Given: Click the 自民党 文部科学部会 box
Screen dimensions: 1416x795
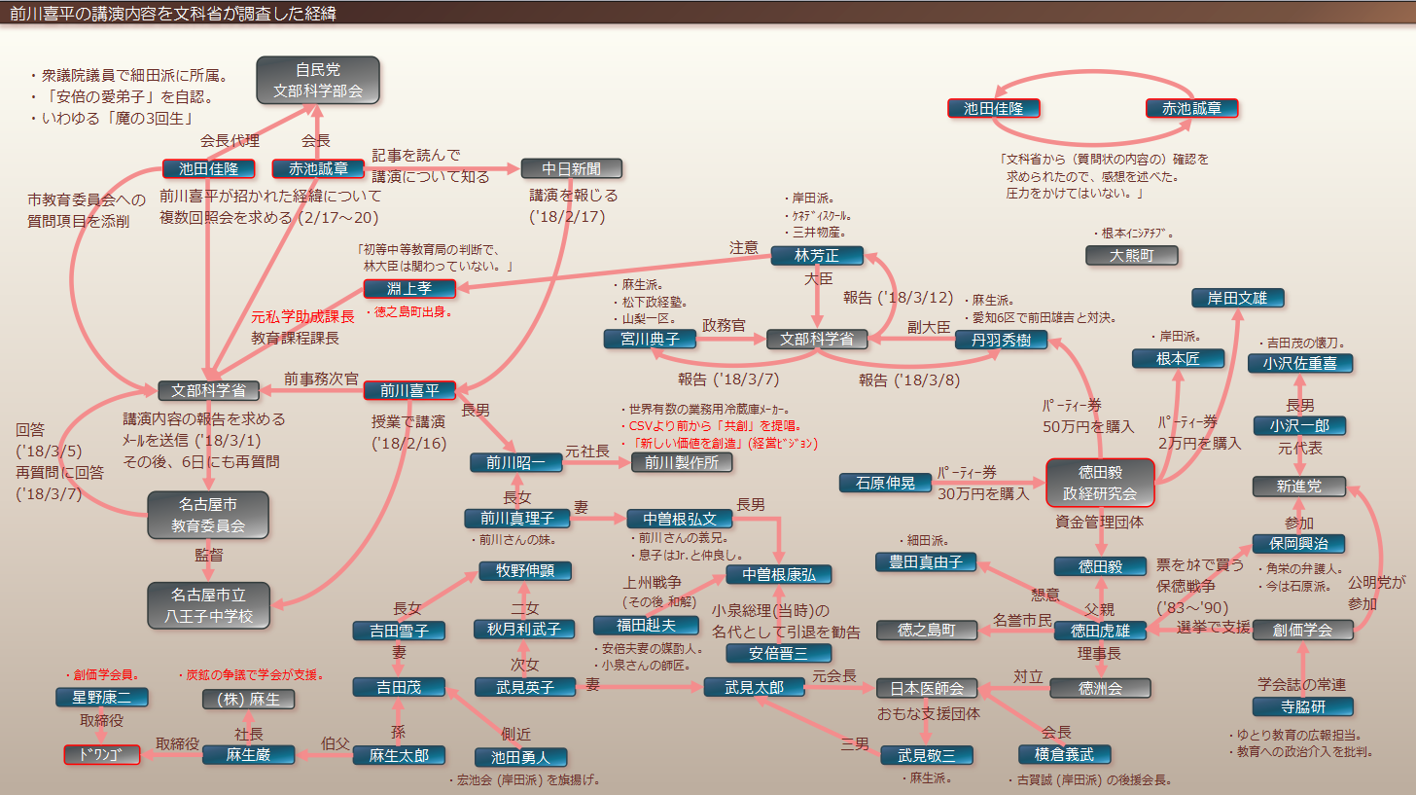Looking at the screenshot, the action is pyautogui.click(x=317, y=80).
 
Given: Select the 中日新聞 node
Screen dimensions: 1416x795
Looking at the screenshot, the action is pyautogui.click(x=571, y=168).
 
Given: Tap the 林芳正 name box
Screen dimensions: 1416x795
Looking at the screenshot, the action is pyautogui.click(x=817, y=255).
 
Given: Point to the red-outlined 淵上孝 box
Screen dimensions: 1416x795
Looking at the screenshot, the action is pyautogui.click(x=409, y=288).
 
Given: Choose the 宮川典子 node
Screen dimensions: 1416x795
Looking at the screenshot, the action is pyautogui.click(x=649, y=339).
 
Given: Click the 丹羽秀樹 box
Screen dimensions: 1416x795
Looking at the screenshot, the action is pyautogui.click(x=1000, y=339).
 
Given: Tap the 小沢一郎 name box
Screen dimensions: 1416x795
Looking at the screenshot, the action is pyautogui.click(x=1299, y=425).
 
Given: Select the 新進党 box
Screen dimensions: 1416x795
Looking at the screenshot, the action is pyautogui.click(x=1299, y=486).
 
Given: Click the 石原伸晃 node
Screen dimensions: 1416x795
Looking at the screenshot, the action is pyautogui.click(x=885, y=483).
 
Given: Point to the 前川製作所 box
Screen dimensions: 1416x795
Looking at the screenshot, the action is pyautogui.click(x=681, y=462).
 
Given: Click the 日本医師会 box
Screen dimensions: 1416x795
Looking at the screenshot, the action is pyautogui.click(x=926, y=688).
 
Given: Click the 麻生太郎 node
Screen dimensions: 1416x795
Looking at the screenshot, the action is pyautogui.click(x=398, y=755).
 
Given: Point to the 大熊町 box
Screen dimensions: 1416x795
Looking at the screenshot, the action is pyautogui.click(x=1131, y=255).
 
